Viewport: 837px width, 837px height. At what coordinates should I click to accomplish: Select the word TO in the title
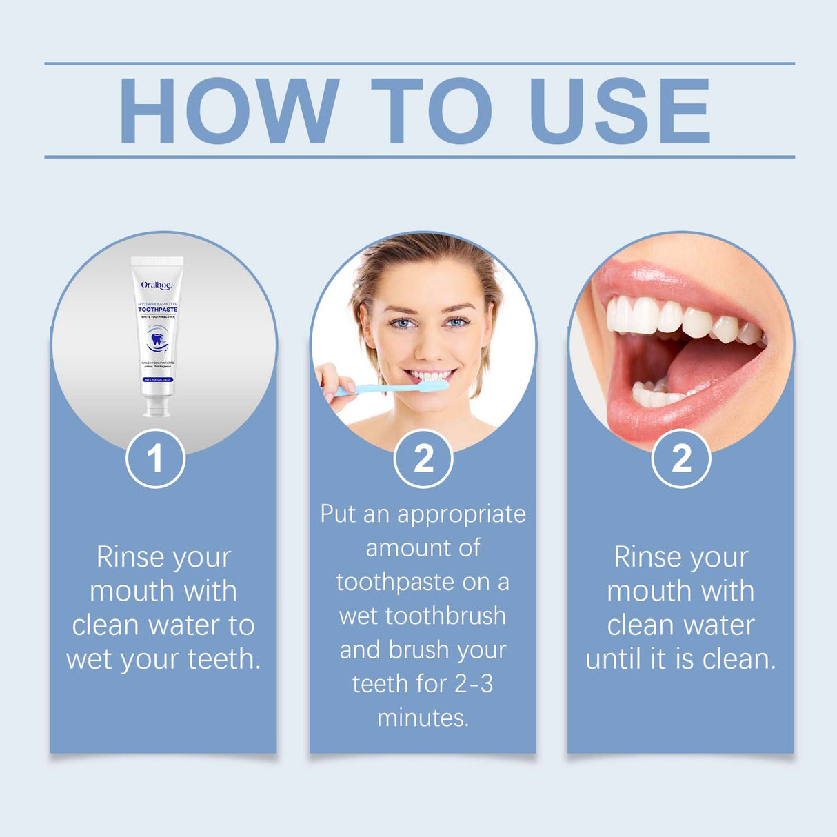coord(432,111)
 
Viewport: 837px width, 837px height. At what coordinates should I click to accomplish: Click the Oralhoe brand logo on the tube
coord(157,285)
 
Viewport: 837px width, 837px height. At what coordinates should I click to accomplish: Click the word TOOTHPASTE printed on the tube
coord(157,310)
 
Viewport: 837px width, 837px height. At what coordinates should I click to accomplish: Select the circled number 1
coord(155,458)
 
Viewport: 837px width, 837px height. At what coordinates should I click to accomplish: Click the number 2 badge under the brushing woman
coord(423,458)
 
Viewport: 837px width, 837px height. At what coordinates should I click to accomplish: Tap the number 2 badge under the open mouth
coord(681,458)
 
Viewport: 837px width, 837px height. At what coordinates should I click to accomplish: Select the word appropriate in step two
coord(461,514)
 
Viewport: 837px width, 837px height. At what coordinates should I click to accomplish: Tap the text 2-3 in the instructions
coord(474,684)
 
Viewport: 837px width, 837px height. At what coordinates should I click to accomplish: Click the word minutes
coord(423,718)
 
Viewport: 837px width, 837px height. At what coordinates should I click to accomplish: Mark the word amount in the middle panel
coord(403,548)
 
